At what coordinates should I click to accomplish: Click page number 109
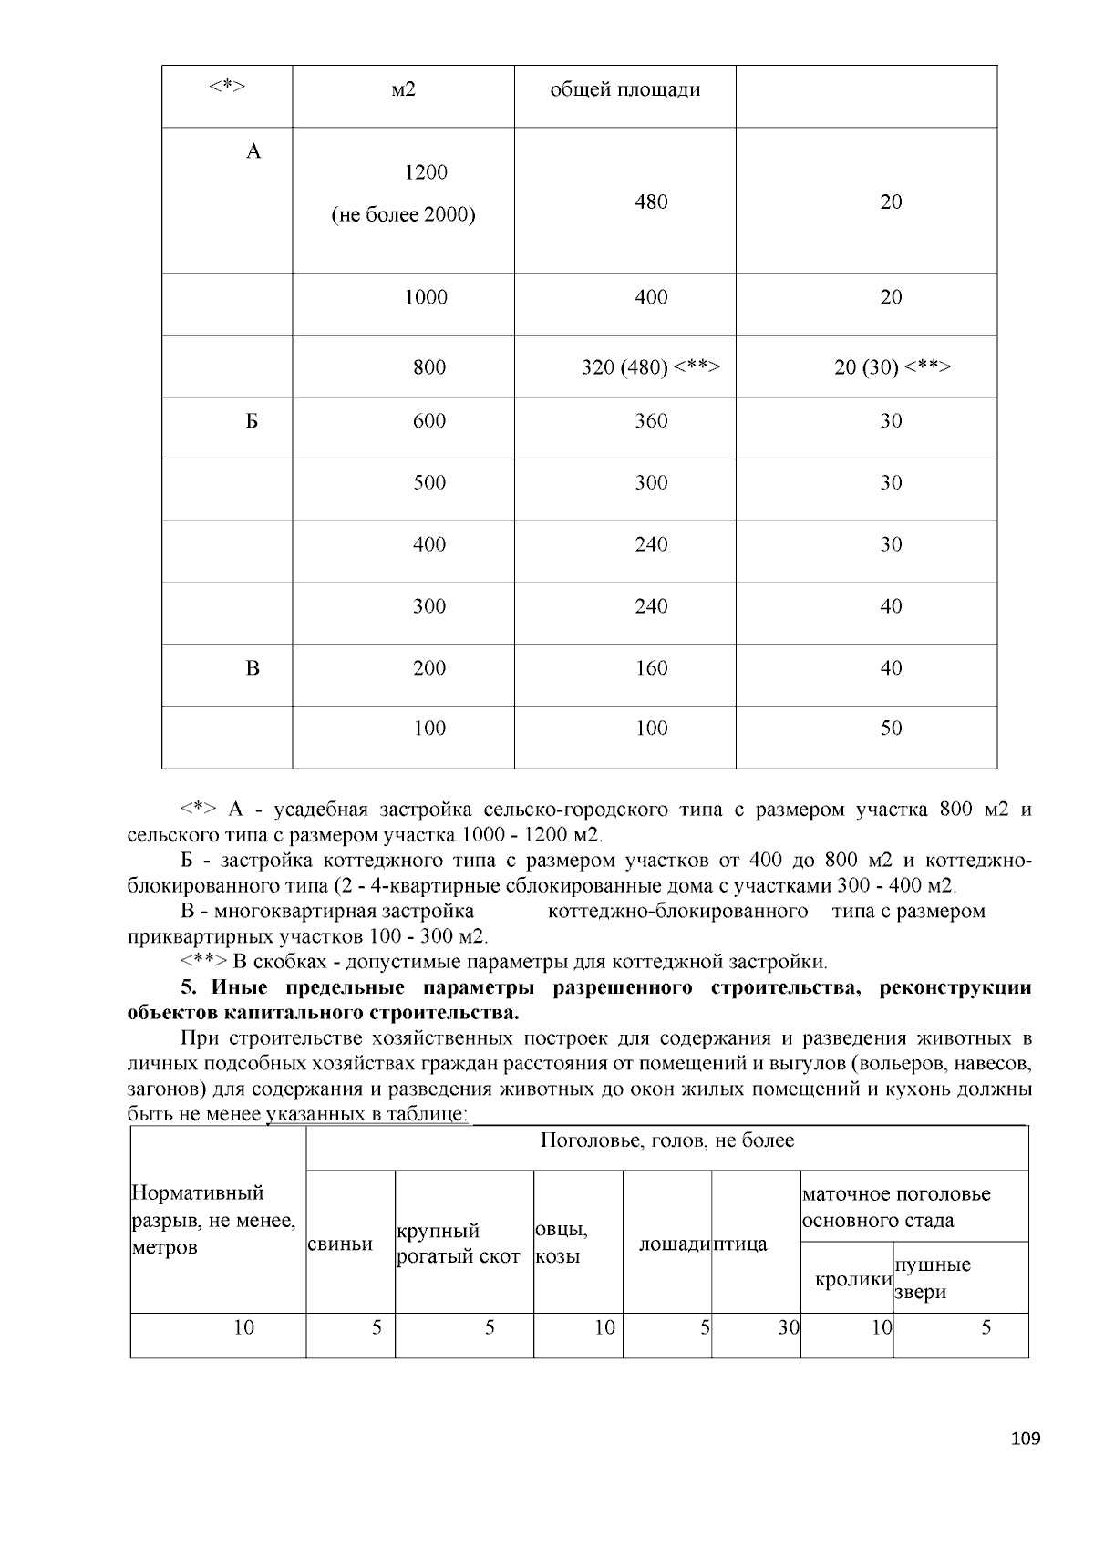click(x=1026, y=1440)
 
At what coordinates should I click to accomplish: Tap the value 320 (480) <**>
click(x=651, y=367)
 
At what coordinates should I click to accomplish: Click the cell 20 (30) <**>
click(x=892, y=367)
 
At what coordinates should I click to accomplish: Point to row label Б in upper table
click(x=253, y=421)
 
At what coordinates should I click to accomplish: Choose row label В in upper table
click(x=253, y=668)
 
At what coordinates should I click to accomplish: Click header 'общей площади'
click(x=624, y=89)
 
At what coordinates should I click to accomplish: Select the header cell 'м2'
click(x=403, y=89)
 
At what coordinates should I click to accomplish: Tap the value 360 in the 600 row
click(x=651, y=421)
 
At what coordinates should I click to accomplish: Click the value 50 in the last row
click(x=891, y=728)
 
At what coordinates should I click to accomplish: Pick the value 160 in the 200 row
click(x=651, y=668)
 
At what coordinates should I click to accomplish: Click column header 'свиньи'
click(x=340, y=1244)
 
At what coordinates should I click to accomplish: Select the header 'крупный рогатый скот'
click(x=459, y=1244)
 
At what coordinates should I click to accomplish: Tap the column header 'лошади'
click(x=674, y=1244)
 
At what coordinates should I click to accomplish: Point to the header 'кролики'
click(x=852, y=1279)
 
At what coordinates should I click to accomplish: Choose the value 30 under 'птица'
click(x=788, y=1327)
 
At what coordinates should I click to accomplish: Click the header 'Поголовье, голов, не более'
click(x=667, y=1140)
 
